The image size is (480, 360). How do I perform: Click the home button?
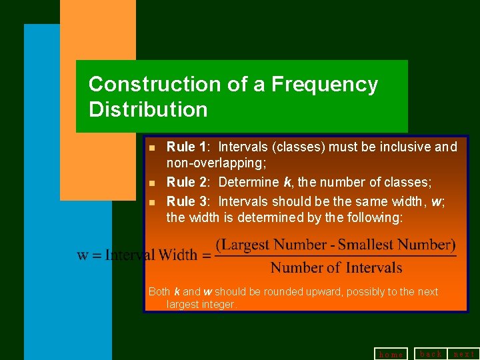coord(391,354)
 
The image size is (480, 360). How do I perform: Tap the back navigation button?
coord(431,353)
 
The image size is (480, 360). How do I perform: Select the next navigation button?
coord(464,353)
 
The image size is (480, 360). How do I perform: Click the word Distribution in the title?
coord(148,109)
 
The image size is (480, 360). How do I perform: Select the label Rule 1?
coord(187,147)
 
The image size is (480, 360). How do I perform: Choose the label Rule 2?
coord(187,182)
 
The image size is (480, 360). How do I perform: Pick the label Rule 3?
coord(187,201)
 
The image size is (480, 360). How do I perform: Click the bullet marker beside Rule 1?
coord(153,147)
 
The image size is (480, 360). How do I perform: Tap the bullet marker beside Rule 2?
coord(153,183)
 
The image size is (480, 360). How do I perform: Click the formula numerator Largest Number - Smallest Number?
coord(335,245)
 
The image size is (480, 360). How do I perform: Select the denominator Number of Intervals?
coord(336,268)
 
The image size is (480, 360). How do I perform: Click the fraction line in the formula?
coord(335,256)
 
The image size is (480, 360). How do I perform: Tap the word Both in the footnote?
coord(159,292)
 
